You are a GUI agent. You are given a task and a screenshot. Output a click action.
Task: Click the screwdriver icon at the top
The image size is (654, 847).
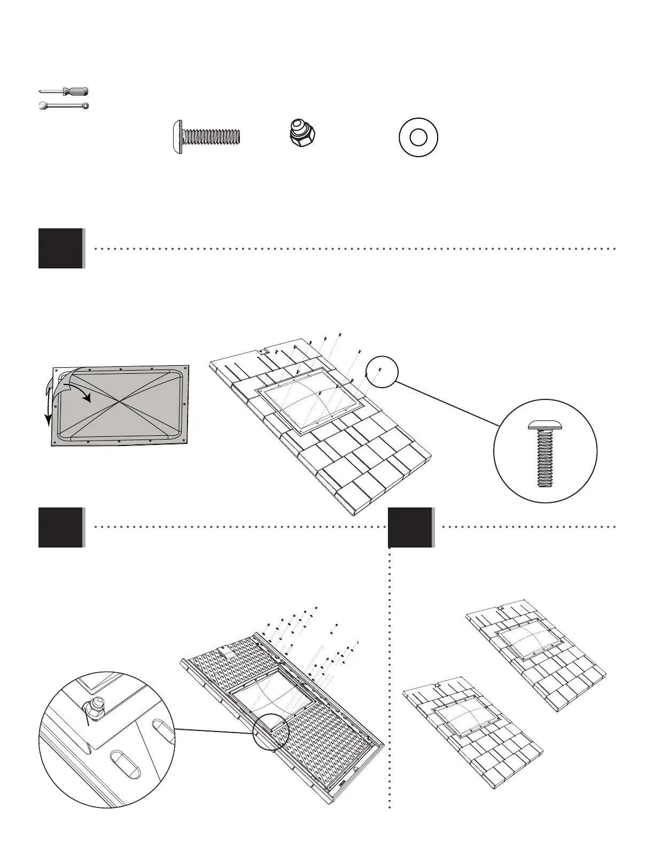pos(64,92)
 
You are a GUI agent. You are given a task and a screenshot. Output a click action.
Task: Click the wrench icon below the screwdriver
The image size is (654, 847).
pos(64,105)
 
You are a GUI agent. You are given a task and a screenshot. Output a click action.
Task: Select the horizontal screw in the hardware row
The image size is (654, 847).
pos(207,137)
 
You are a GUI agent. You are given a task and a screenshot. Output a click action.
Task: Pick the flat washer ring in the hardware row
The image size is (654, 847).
pos(418,137)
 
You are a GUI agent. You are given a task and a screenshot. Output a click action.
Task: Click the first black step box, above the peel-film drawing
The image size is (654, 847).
pos(61,248)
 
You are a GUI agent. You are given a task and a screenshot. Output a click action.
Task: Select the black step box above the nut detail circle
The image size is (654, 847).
pos(61,527)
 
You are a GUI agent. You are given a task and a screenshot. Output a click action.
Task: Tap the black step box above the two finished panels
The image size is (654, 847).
pos(410,527)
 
